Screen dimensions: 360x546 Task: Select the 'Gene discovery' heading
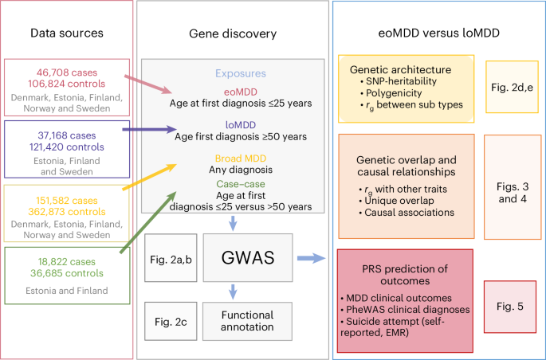232,33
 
